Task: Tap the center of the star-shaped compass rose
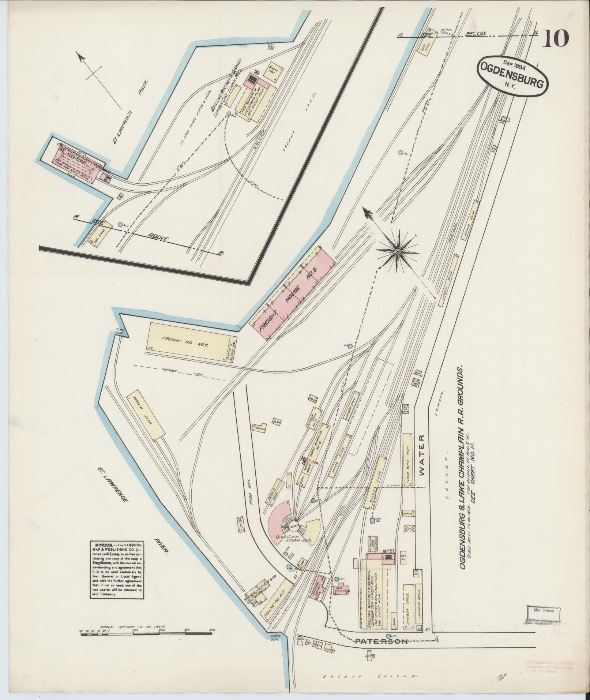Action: coord(398,251)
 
